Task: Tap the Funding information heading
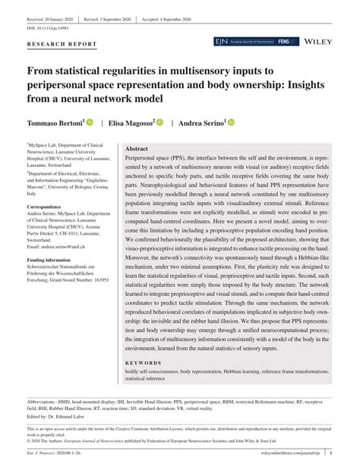coord(55,260)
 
